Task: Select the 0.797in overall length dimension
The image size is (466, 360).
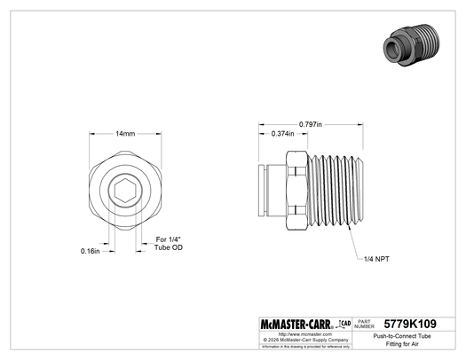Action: point(310,122)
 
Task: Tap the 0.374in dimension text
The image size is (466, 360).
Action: point(282,135)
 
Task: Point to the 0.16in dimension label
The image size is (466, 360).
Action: point(90,251)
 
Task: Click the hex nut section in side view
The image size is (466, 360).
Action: point(296,191)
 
